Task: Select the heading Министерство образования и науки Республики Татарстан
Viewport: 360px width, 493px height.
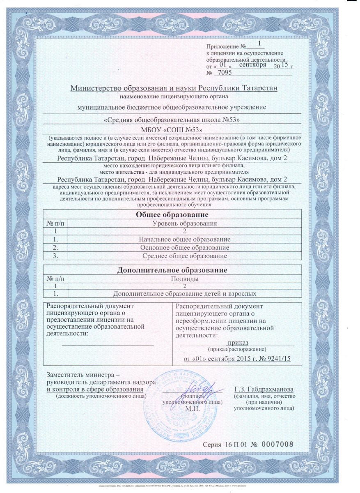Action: click(174, 88)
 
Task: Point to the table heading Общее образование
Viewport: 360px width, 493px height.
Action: click(172, 215)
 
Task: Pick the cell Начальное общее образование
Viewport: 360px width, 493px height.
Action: click(184, 239)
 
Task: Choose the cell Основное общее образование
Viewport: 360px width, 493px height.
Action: click(184, 248)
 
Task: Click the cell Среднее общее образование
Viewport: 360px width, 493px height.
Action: click(184, 256)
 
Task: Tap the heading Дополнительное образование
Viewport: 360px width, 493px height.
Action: click(172, 270)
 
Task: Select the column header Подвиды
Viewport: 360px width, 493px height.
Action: click(185, 279)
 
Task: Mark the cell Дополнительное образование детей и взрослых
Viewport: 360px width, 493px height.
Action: click(185, 294)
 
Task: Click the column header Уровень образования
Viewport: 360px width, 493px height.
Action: click(184, 223)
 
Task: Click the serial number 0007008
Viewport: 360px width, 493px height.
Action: click(279, 445)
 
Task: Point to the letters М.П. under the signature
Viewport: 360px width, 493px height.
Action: click(192, 409)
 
